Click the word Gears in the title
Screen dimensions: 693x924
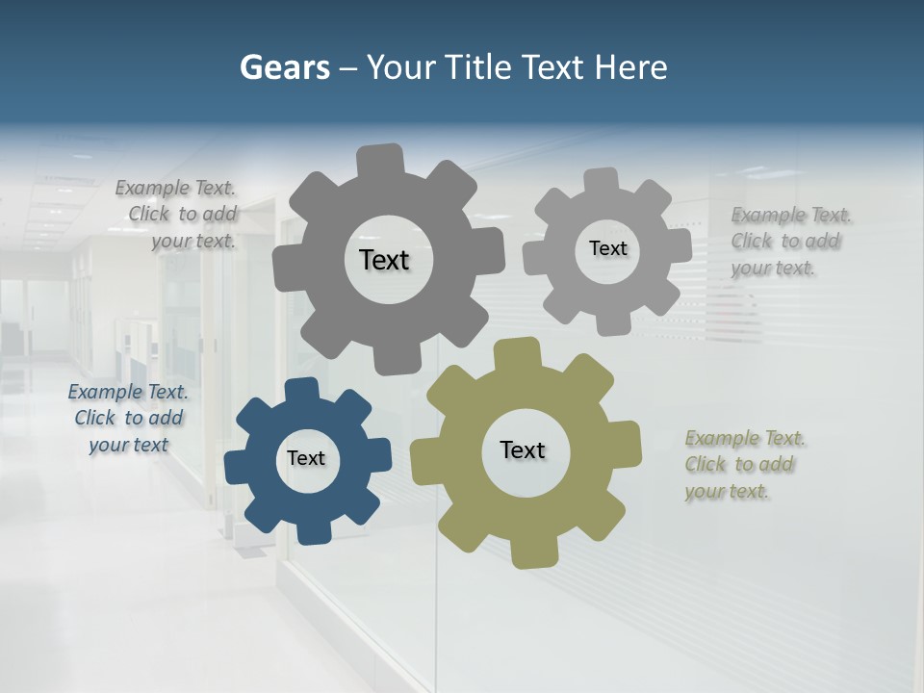[284, 68]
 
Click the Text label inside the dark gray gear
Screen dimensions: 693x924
[384, 260]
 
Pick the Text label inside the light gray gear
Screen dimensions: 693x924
[607, 248]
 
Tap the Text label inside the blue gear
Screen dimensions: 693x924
[306, 459]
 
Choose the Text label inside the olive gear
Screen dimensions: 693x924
[523, 449]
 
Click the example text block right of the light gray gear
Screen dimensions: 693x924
[790, 242]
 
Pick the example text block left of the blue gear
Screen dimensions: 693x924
[127, 418]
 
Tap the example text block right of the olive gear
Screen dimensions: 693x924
[744, 465]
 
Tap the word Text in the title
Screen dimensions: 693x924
[553, 68]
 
